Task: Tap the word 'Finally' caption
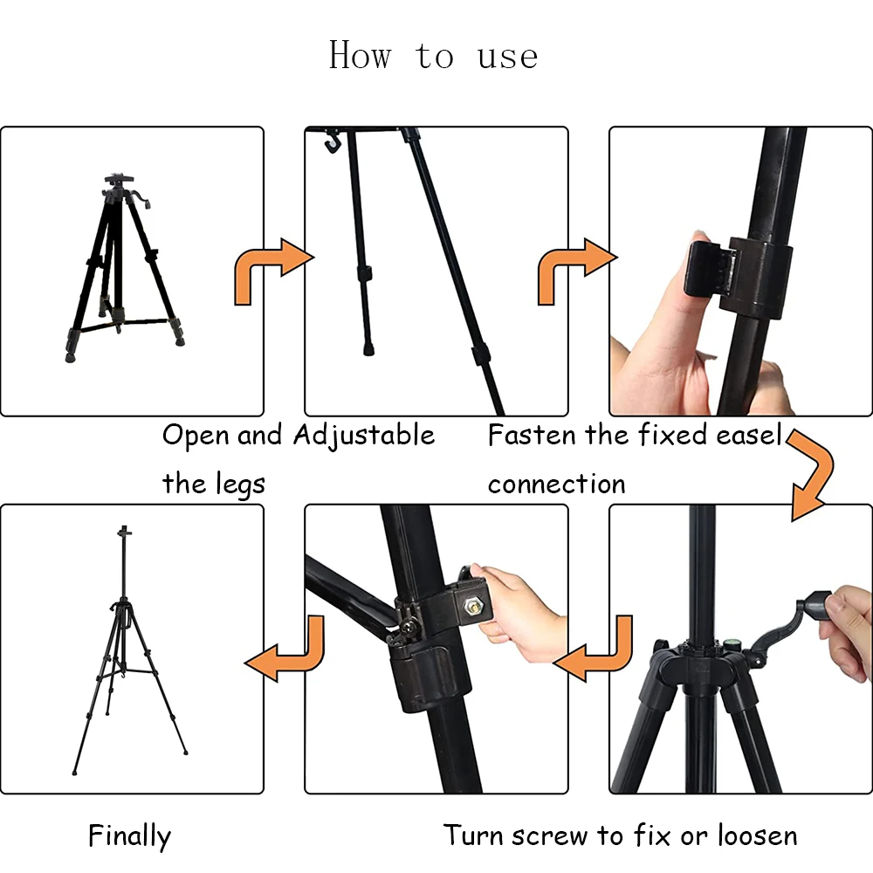click(x=129, y=835)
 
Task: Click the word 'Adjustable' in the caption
click(x=363, y=435)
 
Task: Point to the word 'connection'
click(x=556, y=484)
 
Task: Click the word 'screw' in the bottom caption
click(x=550, y=835)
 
